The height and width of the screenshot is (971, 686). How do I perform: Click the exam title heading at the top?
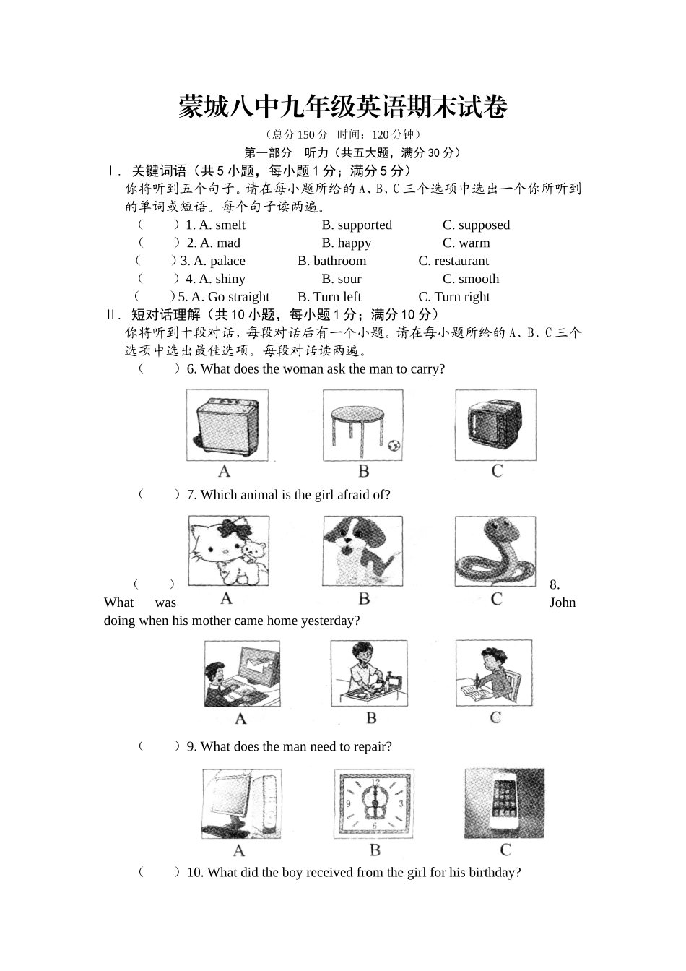(x=343, y=107)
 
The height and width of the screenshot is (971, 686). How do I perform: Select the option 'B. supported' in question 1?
(x=357, y=225)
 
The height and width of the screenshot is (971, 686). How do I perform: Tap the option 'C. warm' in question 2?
(x=466, y=243)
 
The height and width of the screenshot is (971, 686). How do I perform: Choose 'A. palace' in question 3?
(x=220, y=261)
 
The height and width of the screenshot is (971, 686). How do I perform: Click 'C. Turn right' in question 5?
(x=453, y=297)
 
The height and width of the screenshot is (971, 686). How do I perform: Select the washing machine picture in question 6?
(x=227, y=425)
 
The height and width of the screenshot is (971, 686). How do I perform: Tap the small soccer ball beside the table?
(x=394, y=446)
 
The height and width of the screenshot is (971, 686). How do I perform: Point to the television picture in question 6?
(x=495, y=425)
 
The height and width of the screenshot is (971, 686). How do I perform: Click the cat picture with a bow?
(x=228, y=551)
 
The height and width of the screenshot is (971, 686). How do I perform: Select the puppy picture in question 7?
(x=362, y=551)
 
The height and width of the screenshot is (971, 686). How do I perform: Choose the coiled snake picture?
(x=495, y=551)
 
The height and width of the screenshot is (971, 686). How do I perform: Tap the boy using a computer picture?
(x=242, y=673)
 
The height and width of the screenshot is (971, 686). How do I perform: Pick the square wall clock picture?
(x=374, y=803)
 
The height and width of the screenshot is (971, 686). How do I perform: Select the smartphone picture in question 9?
(x=504, y=803)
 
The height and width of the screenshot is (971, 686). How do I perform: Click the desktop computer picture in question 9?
(x=241, y=803)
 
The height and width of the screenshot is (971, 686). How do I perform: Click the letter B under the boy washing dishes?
(x=371, y=718)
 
